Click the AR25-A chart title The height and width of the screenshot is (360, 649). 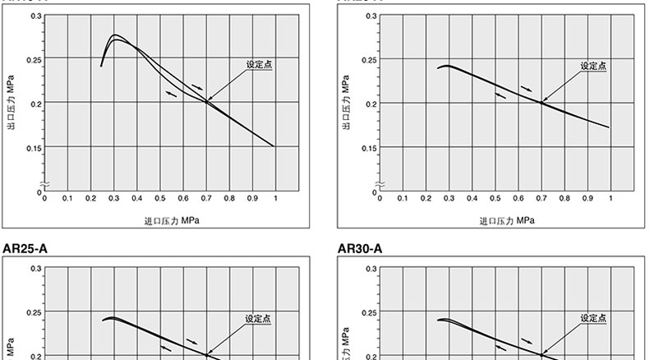tap(25, 247)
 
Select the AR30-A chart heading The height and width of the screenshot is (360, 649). tap(361, 247)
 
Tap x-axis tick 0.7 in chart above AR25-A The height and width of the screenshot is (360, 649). tap(206, 198)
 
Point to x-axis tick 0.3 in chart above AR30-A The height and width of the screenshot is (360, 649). tap(449, 198)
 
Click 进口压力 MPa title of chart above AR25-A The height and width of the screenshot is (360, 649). tap(172, 220)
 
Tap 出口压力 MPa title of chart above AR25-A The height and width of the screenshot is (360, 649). tap(12, 104)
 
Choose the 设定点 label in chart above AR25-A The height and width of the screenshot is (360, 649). tap(259, 64)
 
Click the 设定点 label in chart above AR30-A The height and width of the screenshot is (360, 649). tap(593, 66)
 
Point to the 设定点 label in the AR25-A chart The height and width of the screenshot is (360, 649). tap(259, 318)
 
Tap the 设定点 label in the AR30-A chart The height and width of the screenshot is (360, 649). tap(593, 318)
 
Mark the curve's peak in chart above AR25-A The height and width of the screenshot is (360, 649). tap(114, 35)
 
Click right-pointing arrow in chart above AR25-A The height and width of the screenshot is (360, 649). tap(196, 86)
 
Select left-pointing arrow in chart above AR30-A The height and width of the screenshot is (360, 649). tap(499, 95)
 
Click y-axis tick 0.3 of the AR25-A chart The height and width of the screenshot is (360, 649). tap(35, 269)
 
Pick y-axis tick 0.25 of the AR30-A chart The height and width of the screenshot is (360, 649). tap(369, 312)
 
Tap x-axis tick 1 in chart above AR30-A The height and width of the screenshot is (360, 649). tap(610, 198)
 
